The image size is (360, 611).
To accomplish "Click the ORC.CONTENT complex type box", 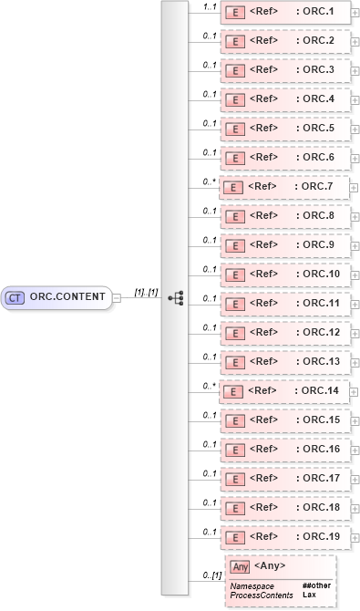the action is [57, 296].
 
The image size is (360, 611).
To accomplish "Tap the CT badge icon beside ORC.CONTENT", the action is [15, 296].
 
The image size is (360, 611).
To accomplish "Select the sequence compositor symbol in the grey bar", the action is [177, 297].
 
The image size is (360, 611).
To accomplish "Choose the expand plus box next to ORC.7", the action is [355, 187].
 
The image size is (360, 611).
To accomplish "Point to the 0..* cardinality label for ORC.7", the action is [210, 181].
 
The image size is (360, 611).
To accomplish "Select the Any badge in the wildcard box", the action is [240, 567].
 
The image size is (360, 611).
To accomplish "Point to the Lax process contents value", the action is [309, 594].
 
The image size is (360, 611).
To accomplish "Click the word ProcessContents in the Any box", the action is [262, 594].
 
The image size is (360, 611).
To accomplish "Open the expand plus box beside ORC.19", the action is [355, 537].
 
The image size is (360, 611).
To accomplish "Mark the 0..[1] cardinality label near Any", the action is [211, 575].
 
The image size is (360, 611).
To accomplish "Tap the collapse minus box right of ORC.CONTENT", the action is [116, 297].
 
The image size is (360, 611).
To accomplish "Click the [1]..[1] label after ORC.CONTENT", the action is [146, 291].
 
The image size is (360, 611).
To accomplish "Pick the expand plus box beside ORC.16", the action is [355, 450].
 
